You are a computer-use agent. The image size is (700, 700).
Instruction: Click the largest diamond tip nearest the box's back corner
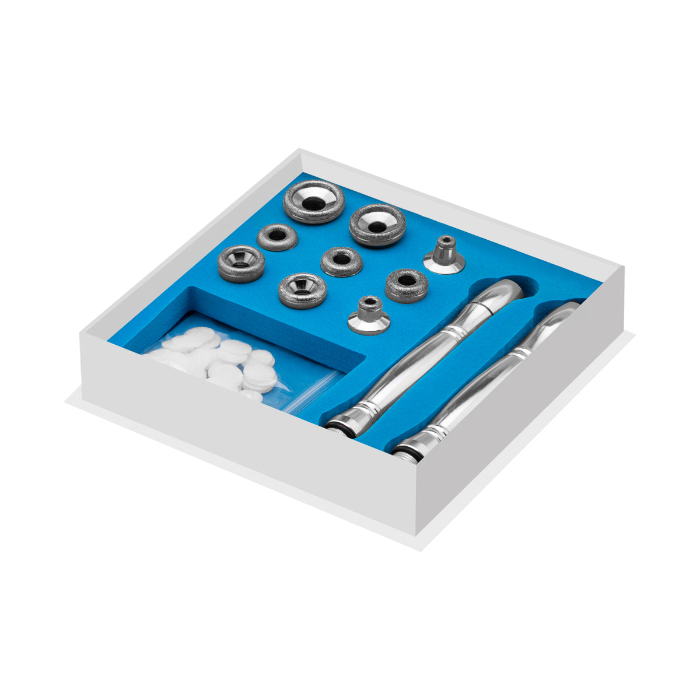pos(314,201)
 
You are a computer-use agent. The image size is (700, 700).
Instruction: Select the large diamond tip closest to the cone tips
pos(377,225)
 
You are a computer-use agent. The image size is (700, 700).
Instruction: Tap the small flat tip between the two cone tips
pos(407,285)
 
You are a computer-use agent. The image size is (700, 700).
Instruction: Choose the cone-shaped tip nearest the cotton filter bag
pos(369,316)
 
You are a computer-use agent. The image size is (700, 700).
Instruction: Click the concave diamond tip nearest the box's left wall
pos(241,263)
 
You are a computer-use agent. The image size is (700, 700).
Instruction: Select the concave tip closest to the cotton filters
pos(302,289)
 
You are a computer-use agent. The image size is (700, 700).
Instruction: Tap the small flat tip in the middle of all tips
pos(341,261)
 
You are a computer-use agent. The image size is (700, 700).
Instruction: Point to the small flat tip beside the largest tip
pos(277,236)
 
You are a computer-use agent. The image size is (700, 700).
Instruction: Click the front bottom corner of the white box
pos(416,534)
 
